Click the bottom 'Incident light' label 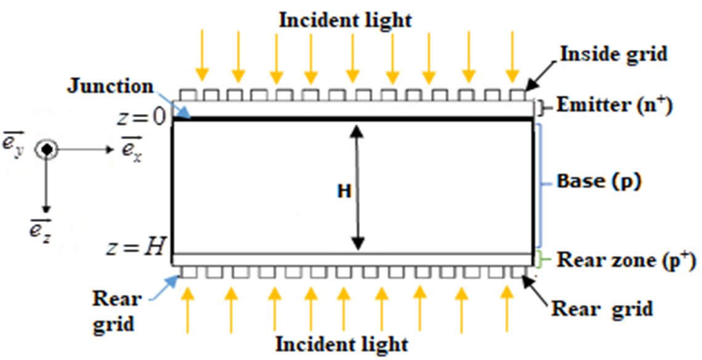341,343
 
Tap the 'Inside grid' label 613,54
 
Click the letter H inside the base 343,192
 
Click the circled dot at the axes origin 46,150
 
